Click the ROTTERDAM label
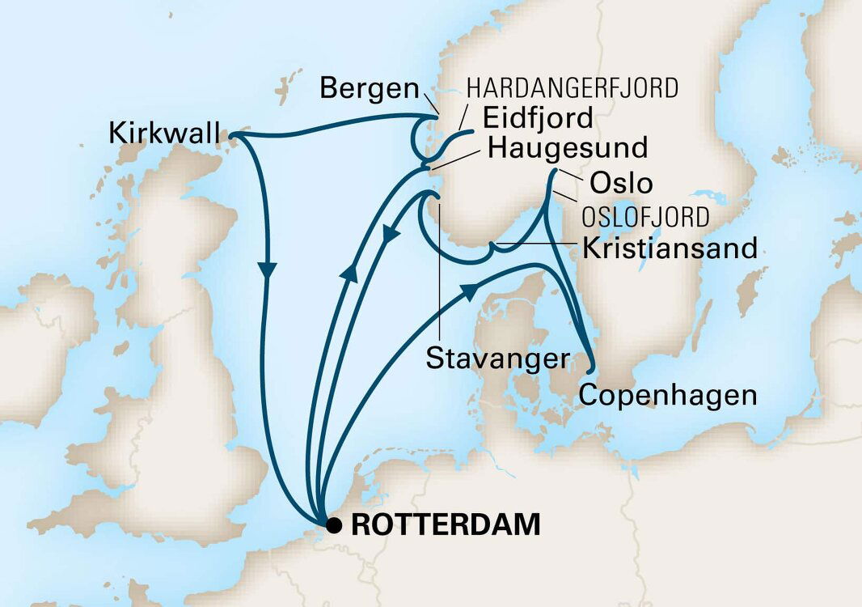coord(446,524)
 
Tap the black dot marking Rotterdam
coord(333,525)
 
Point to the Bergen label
coord(369,90)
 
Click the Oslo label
coord(621,182)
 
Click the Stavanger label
coord(496,359)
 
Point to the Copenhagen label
coord(668,396)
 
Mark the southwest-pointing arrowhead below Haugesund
coord(390,236)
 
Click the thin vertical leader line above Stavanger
coord(437,275)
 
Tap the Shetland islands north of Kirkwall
coord(282,86)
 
